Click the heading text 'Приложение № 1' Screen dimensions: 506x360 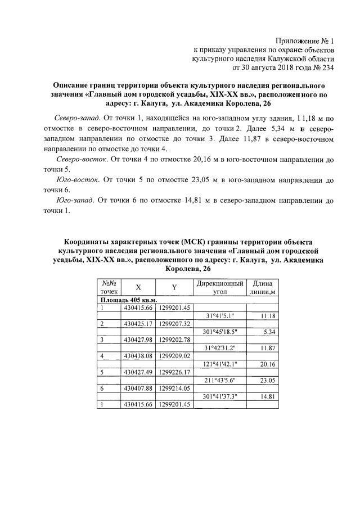pos(305,41)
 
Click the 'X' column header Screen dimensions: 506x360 pos(138,287)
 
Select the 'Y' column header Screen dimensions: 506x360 pos(174,287)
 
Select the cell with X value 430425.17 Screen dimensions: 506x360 pos(138,324)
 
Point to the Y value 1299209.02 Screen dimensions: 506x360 pos(175,356)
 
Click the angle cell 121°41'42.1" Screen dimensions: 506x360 pos(223,364)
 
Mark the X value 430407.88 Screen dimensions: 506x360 pos(138,388)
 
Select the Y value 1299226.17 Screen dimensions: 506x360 pos(175,372)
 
